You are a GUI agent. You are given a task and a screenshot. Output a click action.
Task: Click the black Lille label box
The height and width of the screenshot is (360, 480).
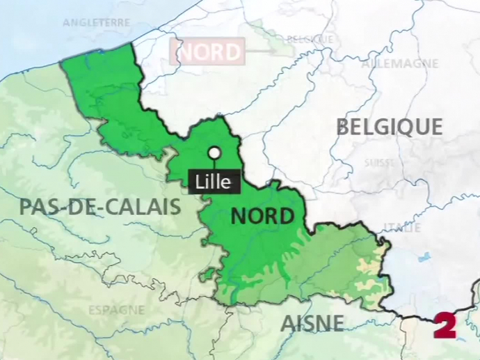point(214,182)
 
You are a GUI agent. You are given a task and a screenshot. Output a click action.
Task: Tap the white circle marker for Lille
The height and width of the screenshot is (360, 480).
point(214,152)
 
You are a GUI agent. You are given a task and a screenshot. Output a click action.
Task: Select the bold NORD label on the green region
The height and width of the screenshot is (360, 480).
point(262,217)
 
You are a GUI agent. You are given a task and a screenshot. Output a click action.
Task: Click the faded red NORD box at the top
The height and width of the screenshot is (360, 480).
point(207,52)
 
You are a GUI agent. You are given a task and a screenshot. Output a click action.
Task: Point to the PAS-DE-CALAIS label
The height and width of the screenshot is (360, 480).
point(100,207)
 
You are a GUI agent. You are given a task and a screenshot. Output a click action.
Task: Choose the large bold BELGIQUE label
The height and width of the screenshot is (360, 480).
point(389,127)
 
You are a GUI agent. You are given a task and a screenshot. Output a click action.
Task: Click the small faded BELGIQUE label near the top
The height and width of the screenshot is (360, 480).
point(310,39)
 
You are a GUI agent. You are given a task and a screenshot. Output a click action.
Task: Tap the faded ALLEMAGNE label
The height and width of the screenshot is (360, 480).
point(400,64)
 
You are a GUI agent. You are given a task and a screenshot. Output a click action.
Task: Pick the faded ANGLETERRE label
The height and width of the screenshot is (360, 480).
point(96,23)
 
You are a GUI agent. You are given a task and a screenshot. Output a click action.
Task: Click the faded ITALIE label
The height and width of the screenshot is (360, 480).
point(403,228)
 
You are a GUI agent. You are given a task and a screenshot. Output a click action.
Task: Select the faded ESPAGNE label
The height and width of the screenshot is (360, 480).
point(116,310)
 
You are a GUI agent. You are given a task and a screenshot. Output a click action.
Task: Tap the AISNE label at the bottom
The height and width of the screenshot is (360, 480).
point(312,323)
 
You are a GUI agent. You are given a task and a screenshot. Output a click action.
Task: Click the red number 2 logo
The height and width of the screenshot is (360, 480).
point(445,325)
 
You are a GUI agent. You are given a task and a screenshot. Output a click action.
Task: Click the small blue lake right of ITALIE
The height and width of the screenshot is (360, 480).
point(424,257)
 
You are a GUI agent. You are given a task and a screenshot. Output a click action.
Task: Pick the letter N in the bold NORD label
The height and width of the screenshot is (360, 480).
point(239,217)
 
